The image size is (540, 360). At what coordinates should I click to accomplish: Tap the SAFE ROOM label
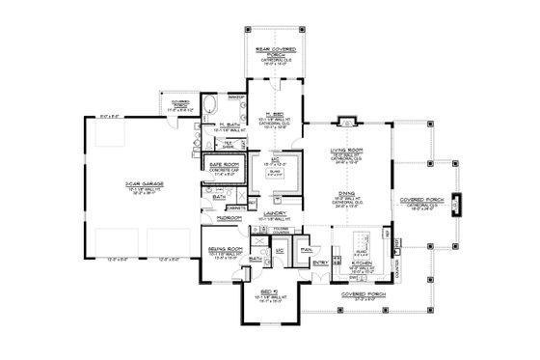coord(225,165)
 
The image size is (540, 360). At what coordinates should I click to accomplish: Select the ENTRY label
coord(320,261)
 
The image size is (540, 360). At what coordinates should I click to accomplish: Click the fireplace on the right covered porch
coord(455,205)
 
